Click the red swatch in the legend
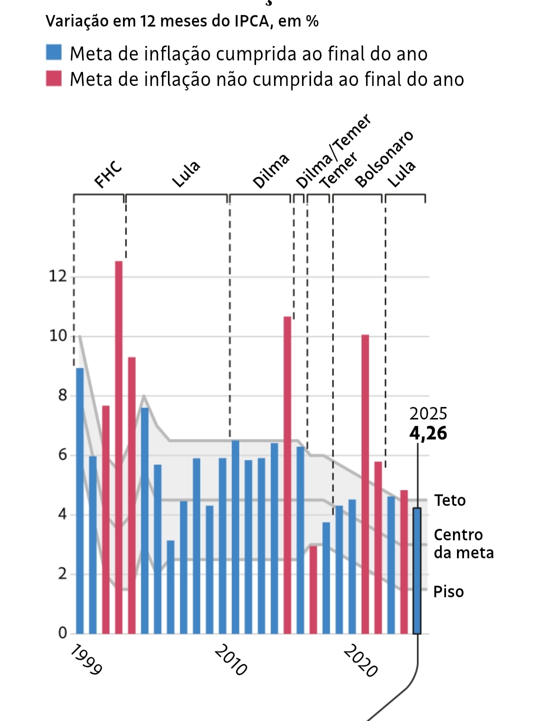point(53,79)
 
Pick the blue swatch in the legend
point(53,52)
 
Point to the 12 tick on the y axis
point(57,276)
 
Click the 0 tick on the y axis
point(62,633)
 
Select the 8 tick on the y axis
point(62,395)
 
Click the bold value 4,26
point(428,433)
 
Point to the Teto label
point(450,500)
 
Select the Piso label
point(448,592)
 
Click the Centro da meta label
point(463,544)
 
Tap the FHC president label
point(108,174)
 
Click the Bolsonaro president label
point(384,159)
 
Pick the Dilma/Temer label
point(333,151)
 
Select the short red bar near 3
point(313,590)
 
